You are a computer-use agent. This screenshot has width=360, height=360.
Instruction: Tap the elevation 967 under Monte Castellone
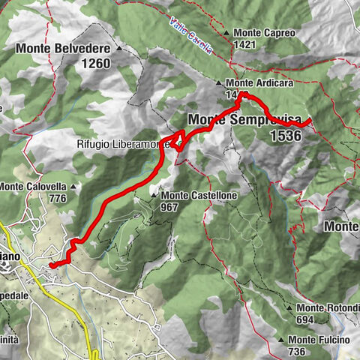click(168, 206)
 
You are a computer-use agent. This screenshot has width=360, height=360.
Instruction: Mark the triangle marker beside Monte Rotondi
click(289, 307)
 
